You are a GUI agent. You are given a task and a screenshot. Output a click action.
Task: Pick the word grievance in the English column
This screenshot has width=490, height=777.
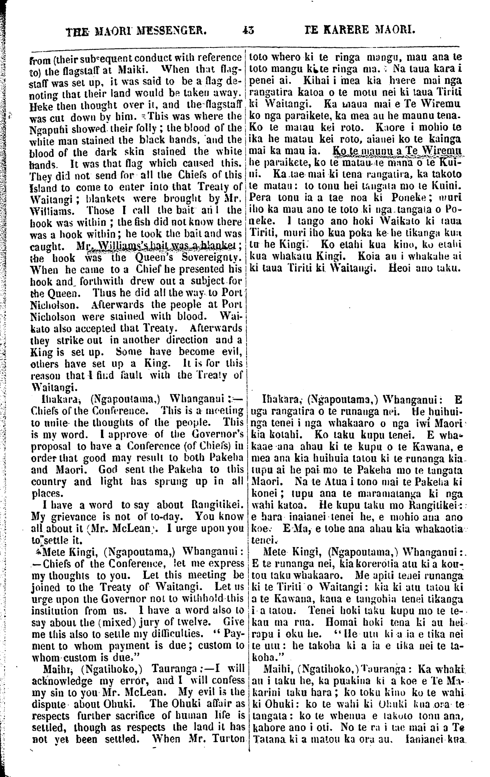coord(70,517)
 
